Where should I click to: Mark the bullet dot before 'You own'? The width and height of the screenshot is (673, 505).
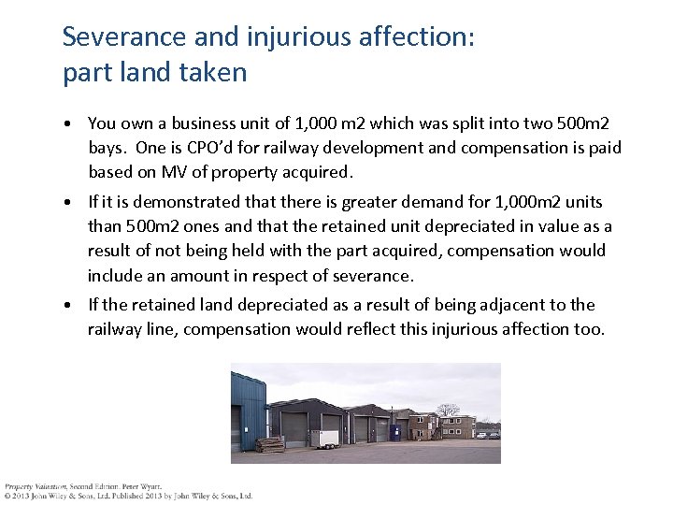point(70,124)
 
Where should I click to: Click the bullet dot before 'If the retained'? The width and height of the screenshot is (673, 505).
point(70,306)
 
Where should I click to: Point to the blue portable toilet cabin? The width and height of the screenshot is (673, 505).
point(395,431)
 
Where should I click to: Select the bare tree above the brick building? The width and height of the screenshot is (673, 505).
point(449,410)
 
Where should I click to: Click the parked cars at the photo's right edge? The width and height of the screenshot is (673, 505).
point(487,434)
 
